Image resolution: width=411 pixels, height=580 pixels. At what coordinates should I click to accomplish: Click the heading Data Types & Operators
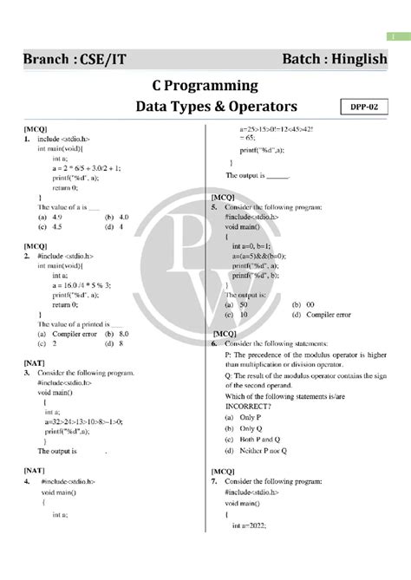(x=205, y=107)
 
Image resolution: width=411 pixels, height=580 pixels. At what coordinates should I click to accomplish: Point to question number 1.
(x=28, y=139)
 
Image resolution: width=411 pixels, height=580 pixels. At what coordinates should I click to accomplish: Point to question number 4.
(x=28, y=480)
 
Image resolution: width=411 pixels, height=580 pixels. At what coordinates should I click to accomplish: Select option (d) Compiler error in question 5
(x=324, y=315)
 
